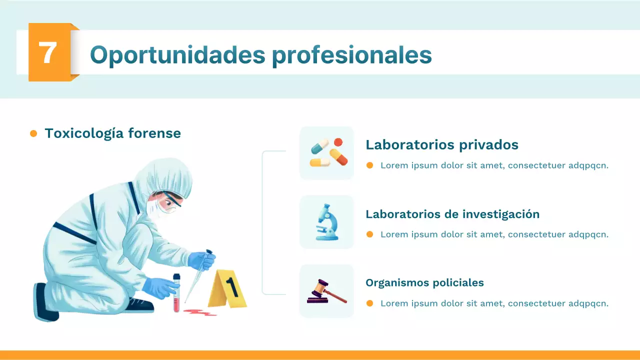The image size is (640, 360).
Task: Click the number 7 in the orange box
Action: [x=48, y=52]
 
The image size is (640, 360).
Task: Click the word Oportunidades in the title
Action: [x=177, y=54]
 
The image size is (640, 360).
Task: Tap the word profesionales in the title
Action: [x=351, y=54]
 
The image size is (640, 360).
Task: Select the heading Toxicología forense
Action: [x=112, y=133]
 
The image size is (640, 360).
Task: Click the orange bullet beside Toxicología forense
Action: [x=33, y=133]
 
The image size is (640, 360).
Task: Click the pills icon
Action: [x=326, y=153]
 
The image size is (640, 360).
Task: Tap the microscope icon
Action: [x=326, y=222]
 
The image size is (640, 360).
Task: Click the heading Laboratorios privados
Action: [x=442, y=145]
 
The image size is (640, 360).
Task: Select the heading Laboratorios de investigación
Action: [x=452, y=214]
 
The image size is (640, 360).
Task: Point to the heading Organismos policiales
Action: [x=424, y=282]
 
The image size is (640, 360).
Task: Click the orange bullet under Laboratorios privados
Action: [x=370, y=165]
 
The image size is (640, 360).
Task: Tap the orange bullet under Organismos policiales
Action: [x=370, y=303]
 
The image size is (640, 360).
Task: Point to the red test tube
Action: [x=176, y=298]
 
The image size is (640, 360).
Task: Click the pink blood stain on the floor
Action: [x=199, y=312]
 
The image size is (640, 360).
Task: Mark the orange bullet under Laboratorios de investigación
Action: [x=370, y=234]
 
